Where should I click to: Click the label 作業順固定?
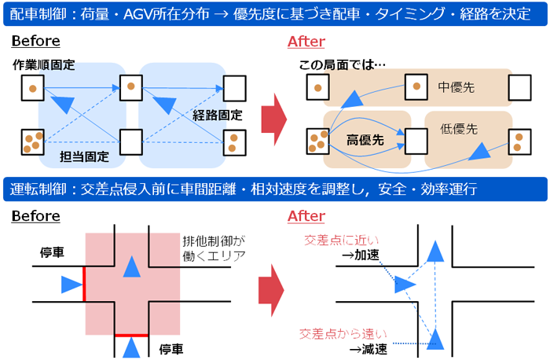point(44,65)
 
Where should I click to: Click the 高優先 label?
point(365,139)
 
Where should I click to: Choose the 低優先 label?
point(460,128)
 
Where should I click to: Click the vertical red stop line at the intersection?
point(84,283)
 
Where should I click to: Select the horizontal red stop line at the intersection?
point(131,334)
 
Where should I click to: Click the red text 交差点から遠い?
point(335,333)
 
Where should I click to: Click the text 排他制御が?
point(210,240)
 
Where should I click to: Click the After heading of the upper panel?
point(306,42)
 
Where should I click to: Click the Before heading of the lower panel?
point(36,215)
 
